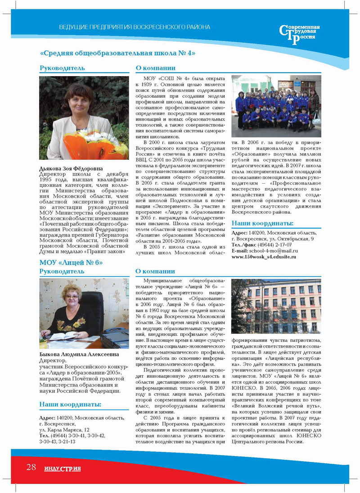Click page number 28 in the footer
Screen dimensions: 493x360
click(x=31, y=467)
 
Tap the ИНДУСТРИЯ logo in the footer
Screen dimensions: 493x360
click(x=63, y=469)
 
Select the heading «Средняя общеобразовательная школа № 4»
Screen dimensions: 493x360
click(x=117, y=53)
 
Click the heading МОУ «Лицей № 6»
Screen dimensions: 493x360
click(x=72, y=262)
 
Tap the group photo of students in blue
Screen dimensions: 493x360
click(x=276, y=106)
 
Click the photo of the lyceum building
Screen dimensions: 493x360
click(x=276, y=306)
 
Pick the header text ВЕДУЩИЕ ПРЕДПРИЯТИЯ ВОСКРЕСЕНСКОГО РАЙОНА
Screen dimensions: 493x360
click(x=135, y=27)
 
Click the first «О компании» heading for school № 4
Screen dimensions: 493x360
click(x=155, y=68)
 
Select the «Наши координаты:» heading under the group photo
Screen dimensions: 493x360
click(x=262, y=223)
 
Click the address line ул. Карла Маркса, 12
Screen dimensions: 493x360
click(x=64, y=430)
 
